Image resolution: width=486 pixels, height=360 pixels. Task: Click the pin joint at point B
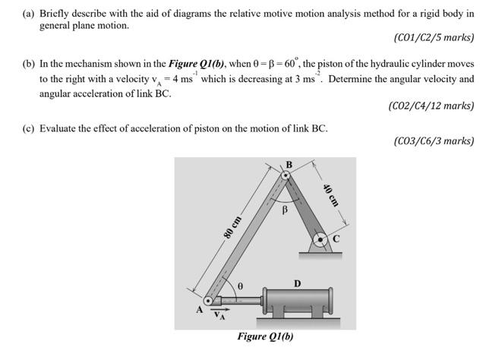pyautogui.click(x=286, y=175)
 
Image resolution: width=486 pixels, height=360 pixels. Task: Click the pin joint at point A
pyautogui.click(x=207, y=303)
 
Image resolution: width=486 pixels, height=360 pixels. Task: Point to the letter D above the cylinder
pyautogui.click(x=298, y=283)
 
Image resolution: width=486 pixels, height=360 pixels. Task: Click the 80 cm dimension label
pyautogui.click(x=232, y=227)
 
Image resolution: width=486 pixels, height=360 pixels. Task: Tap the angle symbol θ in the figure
pyautogui.click(x=239, y=288)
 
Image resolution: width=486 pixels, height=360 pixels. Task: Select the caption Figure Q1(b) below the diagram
pyautogui.click(x=265, y=337)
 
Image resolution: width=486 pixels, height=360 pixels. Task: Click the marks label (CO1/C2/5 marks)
pyautogui.click(x=434, y=38)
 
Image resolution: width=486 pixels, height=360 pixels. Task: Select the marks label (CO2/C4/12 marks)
pyautogui.click(x=431, y=106)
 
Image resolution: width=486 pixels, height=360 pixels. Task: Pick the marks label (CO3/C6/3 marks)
pyautogui.click(x=434, y=141)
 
